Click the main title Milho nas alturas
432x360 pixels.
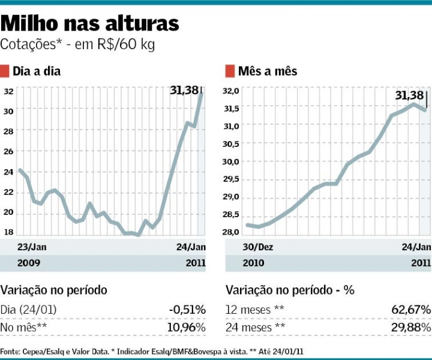(90, 23)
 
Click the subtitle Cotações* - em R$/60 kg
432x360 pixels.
(78, 45)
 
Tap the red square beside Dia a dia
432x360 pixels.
(5, 71)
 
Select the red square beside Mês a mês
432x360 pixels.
(230, 71)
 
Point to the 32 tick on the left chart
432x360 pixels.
(9, 92)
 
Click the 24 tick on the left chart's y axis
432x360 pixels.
(9, 171)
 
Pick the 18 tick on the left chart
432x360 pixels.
(9, 232)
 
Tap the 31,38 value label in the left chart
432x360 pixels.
(184, 91)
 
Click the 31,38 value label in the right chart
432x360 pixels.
(410, 95)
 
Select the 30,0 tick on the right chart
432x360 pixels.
(232, 161)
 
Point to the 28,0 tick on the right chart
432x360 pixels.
(232, 232)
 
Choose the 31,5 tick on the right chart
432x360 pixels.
(232, 108)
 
